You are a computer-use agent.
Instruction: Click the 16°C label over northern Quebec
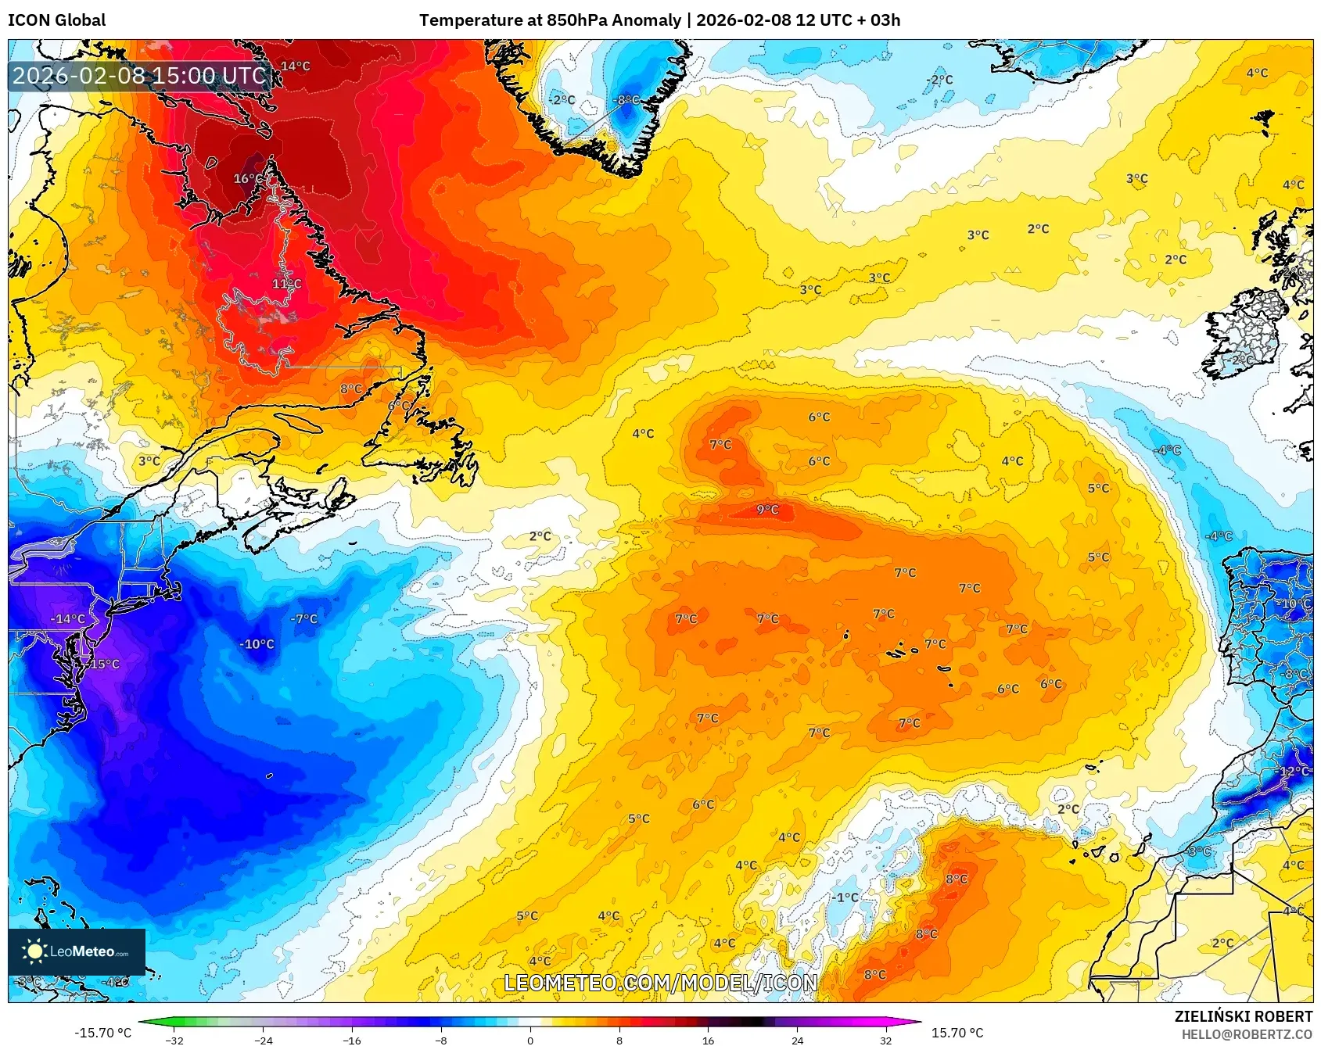coord(249,179)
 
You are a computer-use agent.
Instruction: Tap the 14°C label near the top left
coord(296,66)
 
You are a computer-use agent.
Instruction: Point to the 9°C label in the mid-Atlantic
coord(767,510)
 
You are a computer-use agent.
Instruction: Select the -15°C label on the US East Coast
coord(103,664)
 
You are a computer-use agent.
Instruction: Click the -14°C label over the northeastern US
coord(67,619)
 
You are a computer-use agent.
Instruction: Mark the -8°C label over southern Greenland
coord(626,100)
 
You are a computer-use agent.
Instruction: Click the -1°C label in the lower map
coord(845,897)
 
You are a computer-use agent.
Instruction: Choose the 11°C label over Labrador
coord(286,284)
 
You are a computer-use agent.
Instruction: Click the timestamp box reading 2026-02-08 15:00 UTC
coord(139,76)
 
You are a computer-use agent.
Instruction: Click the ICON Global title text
coord(56,20)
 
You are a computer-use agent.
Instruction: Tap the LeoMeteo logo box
coord(77,951)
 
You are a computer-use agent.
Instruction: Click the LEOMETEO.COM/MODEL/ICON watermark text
coord(661,983)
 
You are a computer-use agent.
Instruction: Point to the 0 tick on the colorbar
coord(530,1041)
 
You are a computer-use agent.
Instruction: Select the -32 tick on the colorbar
coord(175,1041)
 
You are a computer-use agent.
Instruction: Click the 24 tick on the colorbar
coord(797,1041)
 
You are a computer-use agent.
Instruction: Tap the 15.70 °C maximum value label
coord(957,1033)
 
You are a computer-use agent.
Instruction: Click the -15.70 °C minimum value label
coord(102,1033)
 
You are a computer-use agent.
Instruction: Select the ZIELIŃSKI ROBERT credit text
coord(1243,1016)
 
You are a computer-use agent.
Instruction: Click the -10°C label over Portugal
coord(1294,604)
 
